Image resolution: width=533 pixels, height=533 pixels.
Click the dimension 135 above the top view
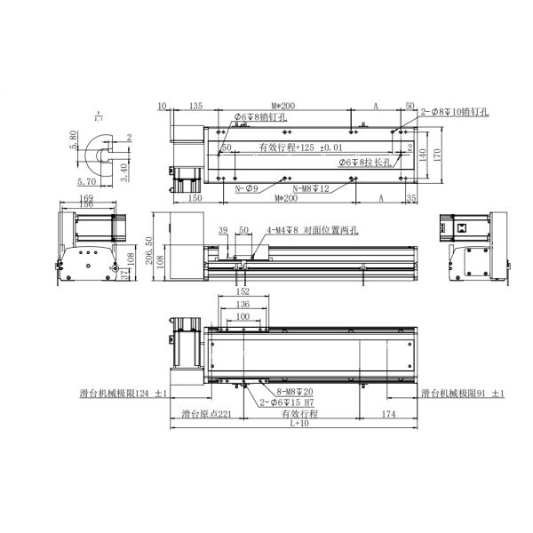tap(195, 107)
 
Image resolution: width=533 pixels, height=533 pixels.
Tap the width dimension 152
tap(243, 290)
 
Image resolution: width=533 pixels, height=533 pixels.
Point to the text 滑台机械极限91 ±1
tap(462, 393)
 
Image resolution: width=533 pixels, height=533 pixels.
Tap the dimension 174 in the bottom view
tap(387, 413)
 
